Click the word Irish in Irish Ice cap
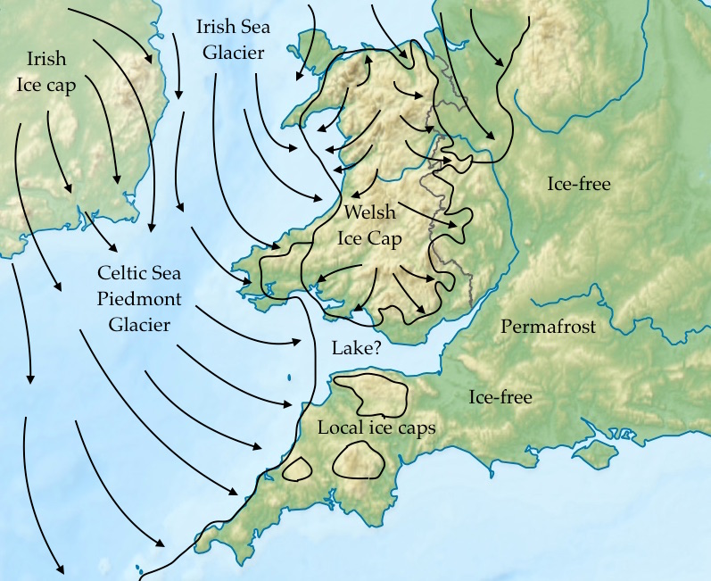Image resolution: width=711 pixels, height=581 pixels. coord(45,59)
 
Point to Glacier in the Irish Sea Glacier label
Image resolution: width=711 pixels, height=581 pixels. coord(233,53)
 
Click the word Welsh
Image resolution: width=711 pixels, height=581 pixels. coord(369,213)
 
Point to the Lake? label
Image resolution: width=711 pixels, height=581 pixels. coord(355,348)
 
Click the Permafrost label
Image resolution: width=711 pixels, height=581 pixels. coord(548,327)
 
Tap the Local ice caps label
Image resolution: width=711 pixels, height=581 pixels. coord(376,427)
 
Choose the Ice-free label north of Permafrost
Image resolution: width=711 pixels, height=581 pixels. coord(579,184)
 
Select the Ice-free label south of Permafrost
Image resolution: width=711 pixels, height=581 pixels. coord(500,397)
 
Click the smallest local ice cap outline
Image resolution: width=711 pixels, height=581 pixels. coord(295,469)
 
